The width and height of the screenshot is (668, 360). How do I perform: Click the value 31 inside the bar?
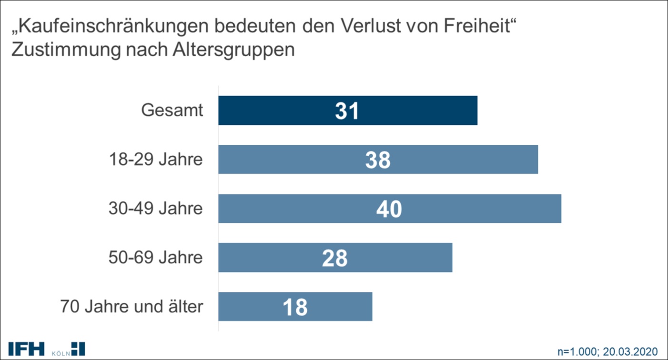tap(346, 111)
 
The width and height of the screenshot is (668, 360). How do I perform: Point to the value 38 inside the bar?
tap(378, 160)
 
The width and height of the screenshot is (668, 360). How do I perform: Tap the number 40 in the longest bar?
tap(389, 209)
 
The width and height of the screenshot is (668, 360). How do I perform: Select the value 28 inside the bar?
tap(335, 258)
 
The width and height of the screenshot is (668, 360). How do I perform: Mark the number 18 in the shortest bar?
tap(295, 307)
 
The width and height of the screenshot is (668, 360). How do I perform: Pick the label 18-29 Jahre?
tap(155, 160)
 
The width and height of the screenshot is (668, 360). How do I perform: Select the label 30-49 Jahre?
tap(155, 209)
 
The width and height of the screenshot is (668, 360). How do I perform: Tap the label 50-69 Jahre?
tap(155, 258)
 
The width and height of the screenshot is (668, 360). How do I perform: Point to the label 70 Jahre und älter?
tap(132, 307)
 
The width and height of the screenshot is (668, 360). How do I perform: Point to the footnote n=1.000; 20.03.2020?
tap(607, 351)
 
